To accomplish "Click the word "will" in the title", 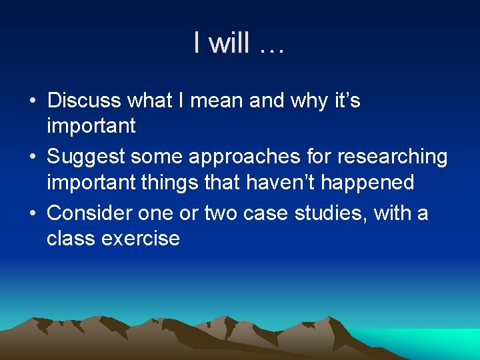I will (230, 43).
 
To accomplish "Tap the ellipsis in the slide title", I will (270, 47).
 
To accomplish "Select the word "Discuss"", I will (84, 101).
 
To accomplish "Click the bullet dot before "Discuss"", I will (33, 101).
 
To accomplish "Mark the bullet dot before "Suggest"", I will (33, 158).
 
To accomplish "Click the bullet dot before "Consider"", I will (33, 214).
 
